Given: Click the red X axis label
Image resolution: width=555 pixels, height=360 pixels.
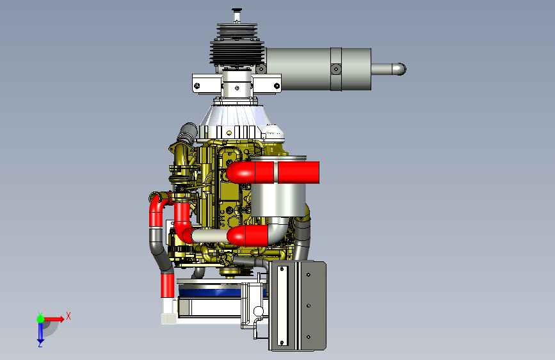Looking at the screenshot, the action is pos(68,316).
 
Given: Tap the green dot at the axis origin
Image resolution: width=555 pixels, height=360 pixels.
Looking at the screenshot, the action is pos(40,319).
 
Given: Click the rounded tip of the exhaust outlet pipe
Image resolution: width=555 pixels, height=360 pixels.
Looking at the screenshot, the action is pos(401,69).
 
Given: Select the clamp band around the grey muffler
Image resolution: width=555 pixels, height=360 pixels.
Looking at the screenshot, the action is pos(336,69).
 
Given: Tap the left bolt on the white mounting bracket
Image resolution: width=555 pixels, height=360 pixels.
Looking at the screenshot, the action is pos(197,86).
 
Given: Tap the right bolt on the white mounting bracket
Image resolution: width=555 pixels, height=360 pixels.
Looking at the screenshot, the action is pos(277,86).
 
